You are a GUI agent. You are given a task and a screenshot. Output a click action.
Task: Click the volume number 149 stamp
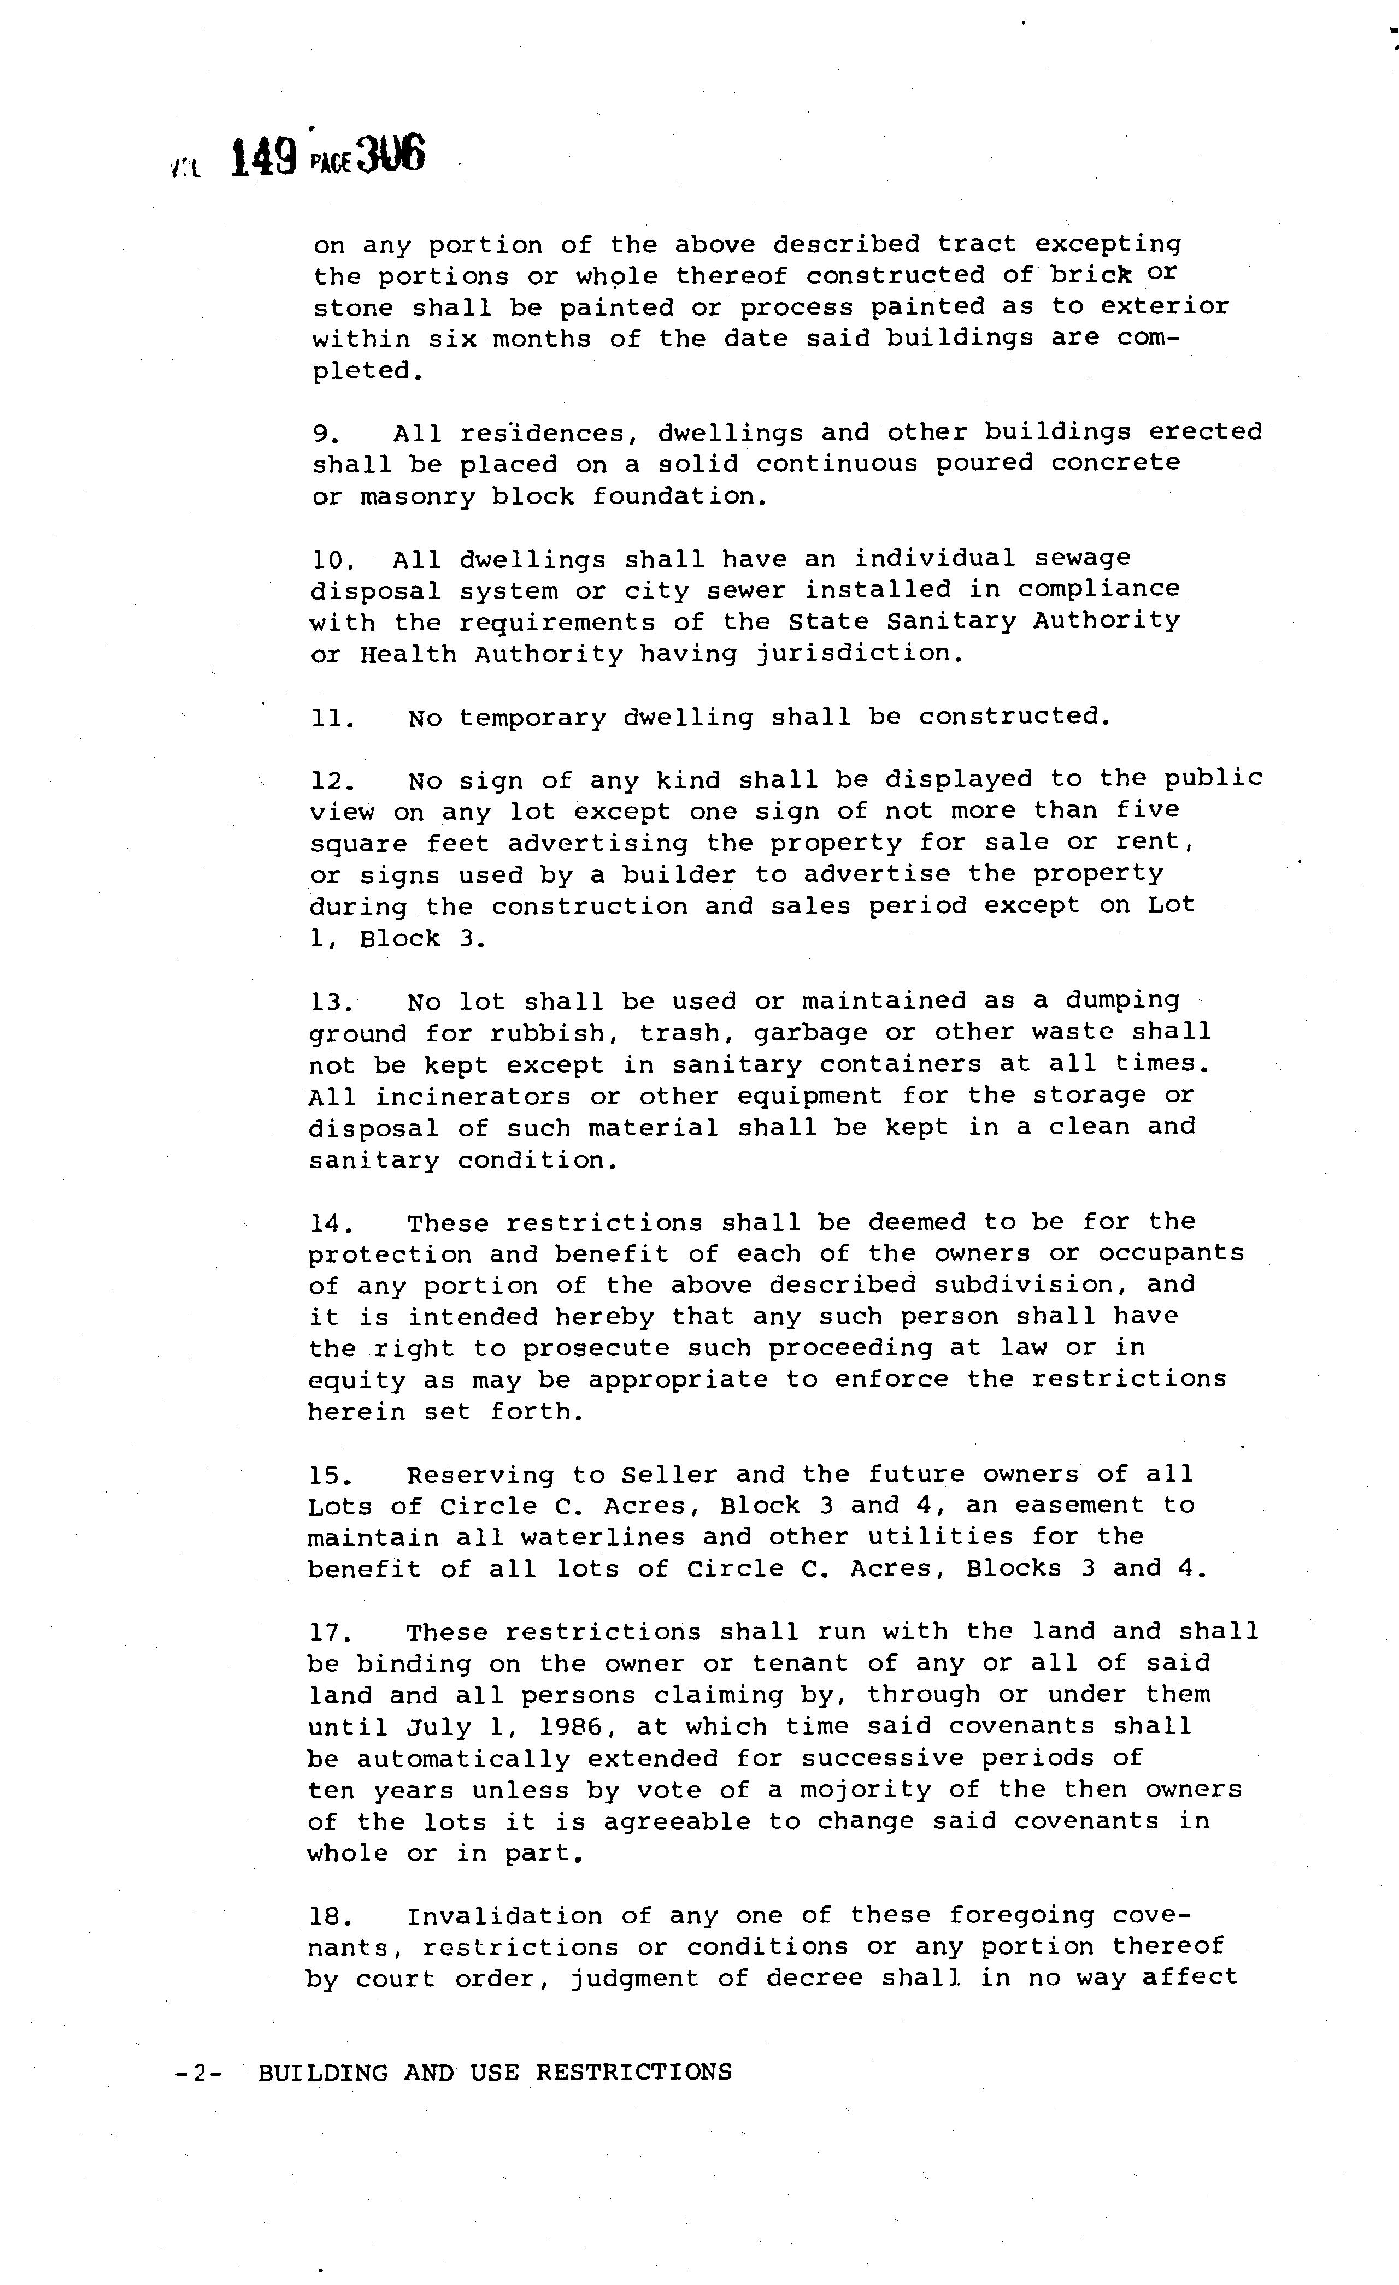[262, 158]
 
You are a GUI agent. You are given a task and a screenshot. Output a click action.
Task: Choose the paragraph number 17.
[330, 1632]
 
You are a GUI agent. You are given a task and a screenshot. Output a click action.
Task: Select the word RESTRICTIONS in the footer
[633, 2071]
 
